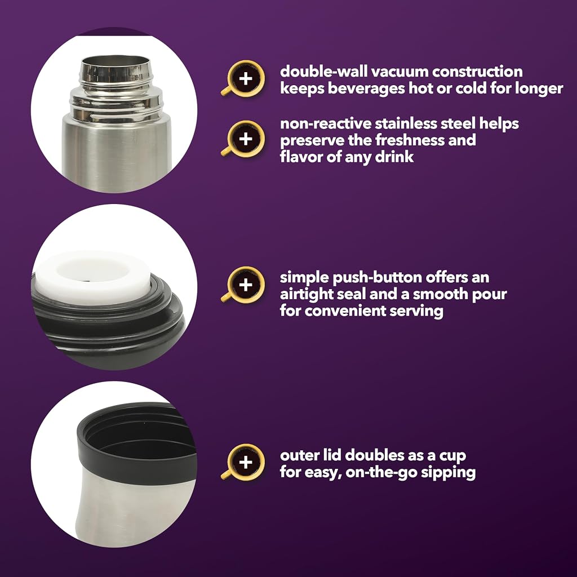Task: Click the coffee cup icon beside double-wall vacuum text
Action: pyautogui.click(x=244, y=78)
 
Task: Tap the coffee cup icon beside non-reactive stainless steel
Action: pyautogui.click(x=244, y=139)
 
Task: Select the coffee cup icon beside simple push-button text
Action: pyautogui.click(x=244, y=285)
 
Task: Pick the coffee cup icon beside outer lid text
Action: pyautogui.click(x=244, y=462)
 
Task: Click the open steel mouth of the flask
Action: pyautogui.click(x=114, y=61)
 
